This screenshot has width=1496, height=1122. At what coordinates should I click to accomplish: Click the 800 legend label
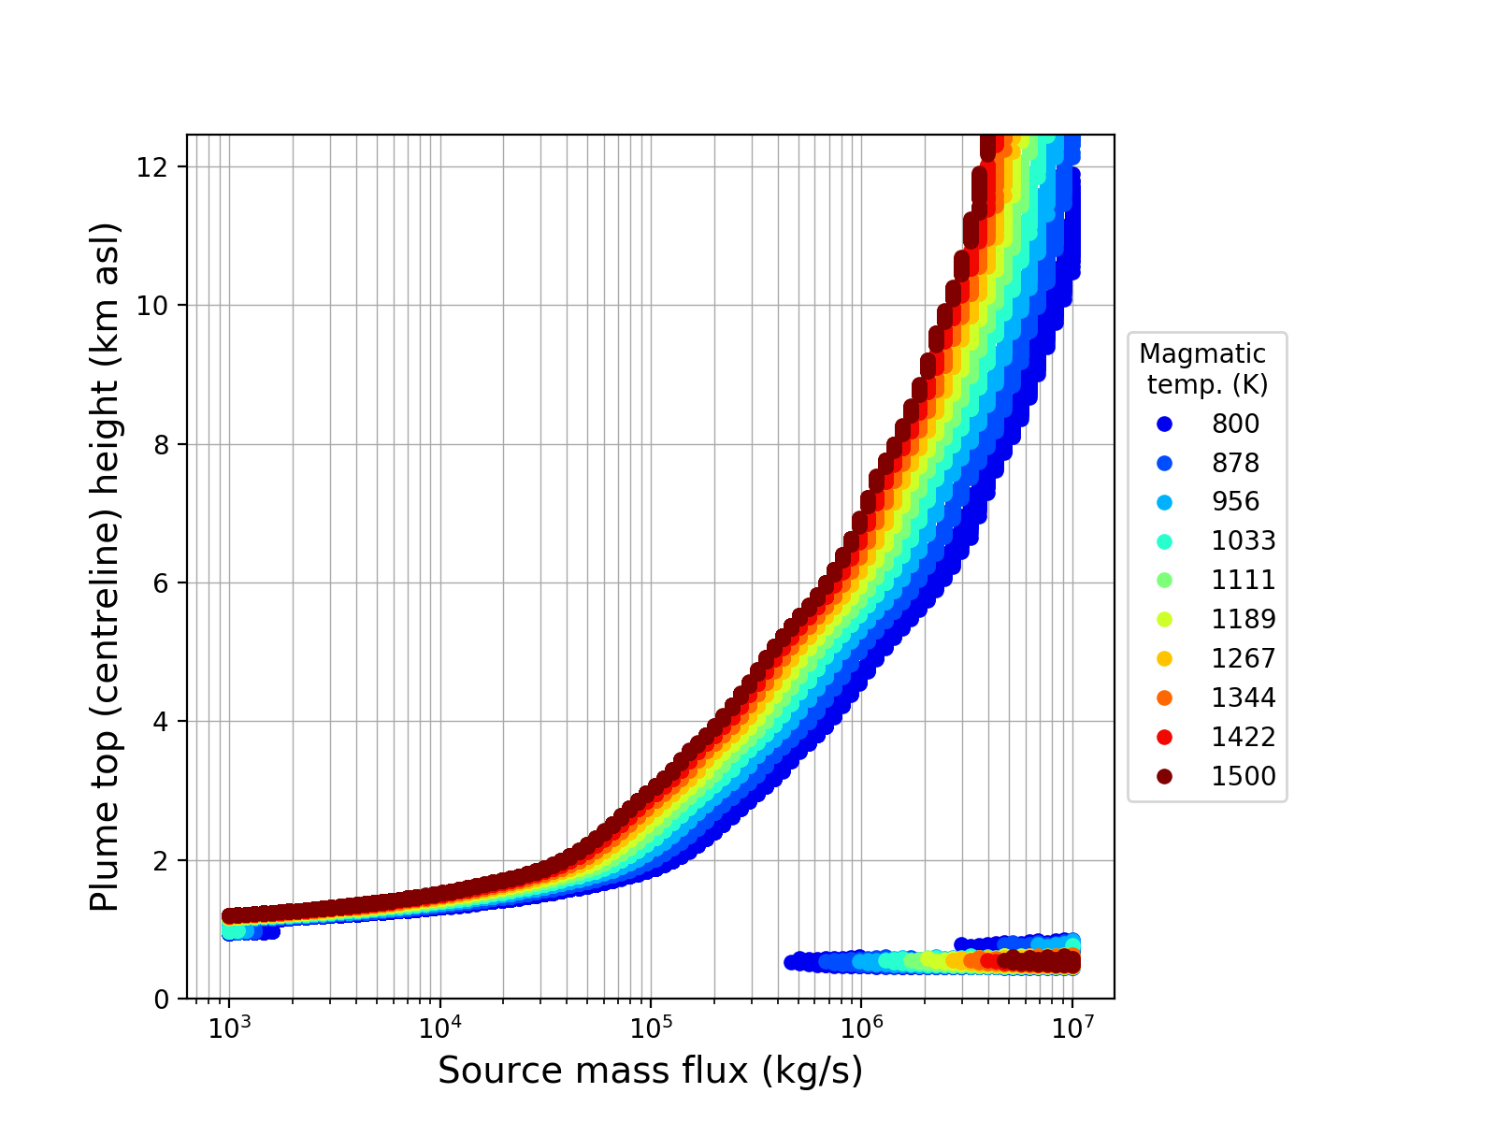(1235, 424)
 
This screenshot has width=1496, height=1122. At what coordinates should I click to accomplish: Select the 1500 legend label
(1243, 776)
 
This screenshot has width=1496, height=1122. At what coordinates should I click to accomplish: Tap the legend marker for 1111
(1164, 580)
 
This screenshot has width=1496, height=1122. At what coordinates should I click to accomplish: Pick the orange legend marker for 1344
(1164, 698)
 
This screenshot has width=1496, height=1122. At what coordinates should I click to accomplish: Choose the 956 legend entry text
(1235, 501)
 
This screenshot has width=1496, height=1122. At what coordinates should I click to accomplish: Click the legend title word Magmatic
(1202, 354)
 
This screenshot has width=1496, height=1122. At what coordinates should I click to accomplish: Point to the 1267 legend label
(1243, 658)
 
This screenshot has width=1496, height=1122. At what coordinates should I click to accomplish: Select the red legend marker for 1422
(1164, 737)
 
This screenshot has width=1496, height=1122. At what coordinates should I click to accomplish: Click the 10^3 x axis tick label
(228, 1027)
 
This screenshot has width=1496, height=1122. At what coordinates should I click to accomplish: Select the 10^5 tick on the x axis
(651, 1027)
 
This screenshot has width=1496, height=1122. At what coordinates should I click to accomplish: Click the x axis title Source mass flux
(650, 1071)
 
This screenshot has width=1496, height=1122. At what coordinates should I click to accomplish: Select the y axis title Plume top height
(106, 567)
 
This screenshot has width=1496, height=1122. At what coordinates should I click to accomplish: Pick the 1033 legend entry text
(1243, 540)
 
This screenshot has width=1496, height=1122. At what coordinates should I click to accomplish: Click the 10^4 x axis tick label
(439, 1027)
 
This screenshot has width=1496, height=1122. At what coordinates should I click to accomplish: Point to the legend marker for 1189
(1164, 619)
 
